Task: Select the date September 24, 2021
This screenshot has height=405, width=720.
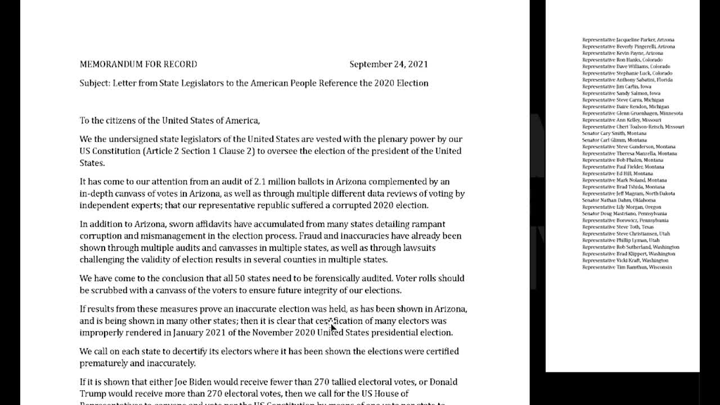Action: [x=388, y=64]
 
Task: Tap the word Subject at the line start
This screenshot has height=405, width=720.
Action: [x=94, y=83]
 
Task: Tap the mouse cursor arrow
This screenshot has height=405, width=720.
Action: [x=332, y=327]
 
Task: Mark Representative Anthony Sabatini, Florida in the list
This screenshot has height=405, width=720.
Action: [x=627, y=80]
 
